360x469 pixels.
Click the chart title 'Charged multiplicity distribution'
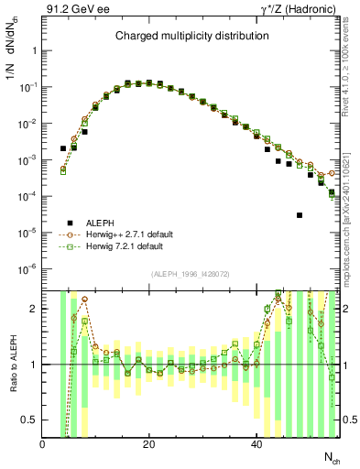tap(191, 36)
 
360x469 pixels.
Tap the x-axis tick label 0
tap(43, 445)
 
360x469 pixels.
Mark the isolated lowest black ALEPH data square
tap(300, 215)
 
